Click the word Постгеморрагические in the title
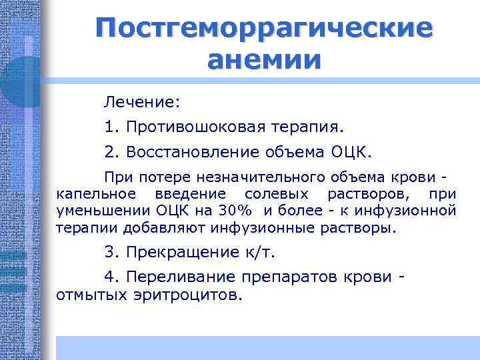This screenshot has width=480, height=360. pos(263,29)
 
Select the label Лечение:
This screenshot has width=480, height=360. pos(141,102)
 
